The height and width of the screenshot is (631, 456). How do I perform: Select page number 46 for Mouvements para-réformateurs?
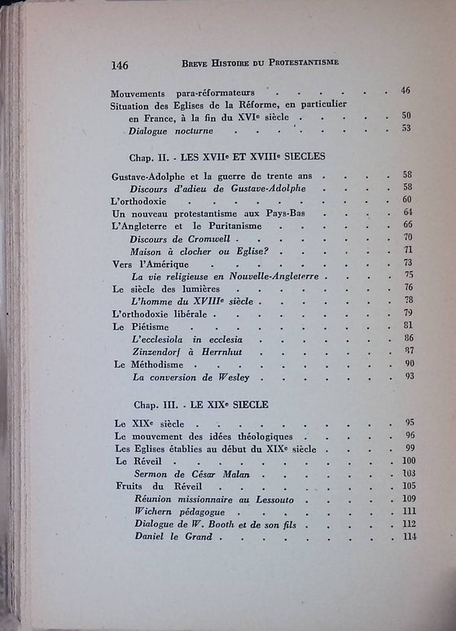coord(406,90)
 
